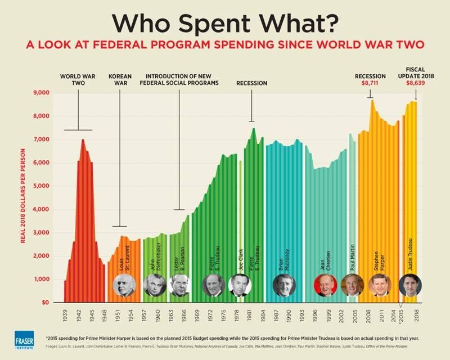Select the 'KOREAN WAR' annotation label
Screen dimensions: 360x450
120,79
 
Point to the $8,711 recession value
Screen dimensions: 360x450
370,83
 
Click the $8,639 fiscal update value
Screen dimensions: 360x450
415,83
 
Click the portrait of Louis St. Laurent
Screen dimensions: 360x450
123,285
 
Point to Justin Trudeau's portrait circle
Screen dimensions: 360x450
410,285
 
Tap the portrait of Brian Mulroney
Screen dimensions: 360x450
283,285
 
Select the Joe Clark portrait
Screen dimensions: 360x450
241,285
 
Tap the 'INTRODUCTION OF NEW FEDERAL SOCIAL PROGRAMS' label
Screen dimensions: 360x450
179,79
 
